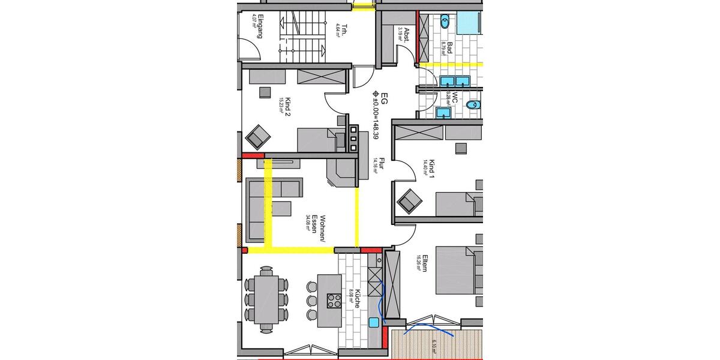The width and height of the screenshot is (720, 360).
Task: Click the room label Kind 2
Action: pos(286,105)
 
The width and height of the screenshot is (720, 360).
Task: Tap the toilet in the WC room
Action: pos(473,104)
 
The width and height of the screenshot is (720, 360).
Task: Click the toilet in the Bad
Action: pos(445,22)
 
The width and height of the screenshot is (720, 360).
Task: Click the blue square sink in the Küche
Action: pos(374,323)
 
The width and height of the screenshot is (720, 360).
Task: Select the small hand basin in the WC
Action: pos(444,112)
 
